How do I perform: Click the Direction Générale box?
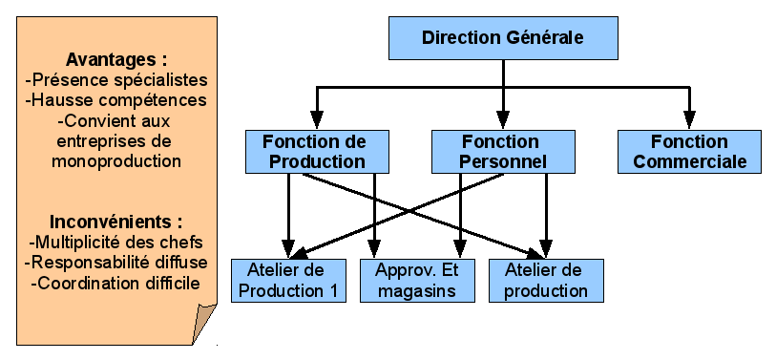(x=503, y=38)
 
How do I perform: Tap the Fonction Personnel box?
(x=502, y=151)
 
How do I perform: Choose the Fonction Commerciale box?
(x=689, y=151)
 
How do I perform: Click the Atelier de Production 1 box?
(x=290, y=281)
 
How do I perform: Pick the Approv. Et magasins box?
(x=418, y=281)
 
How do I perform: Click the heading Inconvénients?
(x=115, y=222)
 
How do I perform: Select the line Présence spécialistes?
(x=117, y=79)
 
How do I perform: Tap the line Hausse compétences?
(x=117, y=100)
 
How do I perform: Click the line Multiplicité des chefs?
(x=117, y=242)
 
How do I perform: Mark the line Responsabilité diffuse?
(x=117, y=263)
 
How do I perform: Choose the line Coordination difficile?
(x=115, y=284)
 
